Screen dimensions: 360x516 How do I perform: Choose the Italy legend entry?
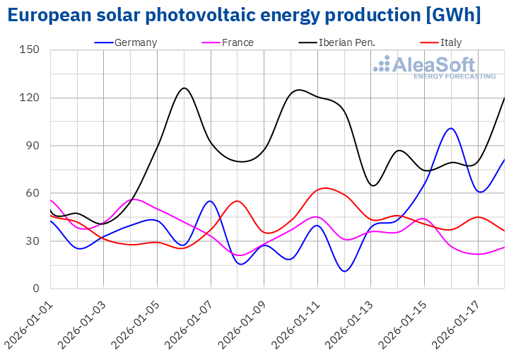tap(450, 42)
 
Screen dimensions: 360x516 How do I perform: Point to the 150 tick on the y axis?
tap(30, 50)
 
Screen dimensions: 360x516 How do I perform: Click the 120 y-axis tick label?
tap(30, 98)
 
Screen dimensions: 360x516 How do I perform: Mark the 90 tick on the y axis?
tap(33, 146)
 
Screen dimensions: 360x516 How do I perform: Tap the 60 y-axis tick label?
tap(33, 193)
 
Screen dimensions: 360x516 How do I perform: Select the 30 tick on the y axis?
tap(33, 241)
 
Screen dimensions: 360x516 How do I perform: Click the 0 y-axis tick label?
tap(35, 289)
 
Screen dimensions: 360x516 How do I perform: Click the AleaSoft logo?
tap(434, 67)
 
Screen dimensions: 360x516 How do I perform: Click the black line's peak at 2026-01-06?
tap(184, 88)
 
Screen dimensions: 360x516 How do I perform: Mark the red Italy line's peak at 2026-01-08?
tap(237, 201)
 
